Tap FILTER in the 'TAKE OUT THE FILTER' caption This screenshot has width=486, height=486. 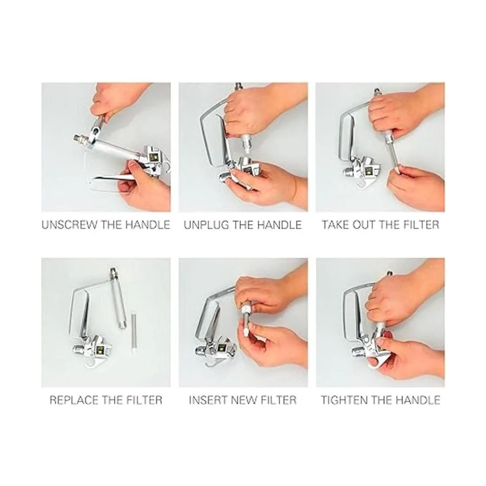[422, 224]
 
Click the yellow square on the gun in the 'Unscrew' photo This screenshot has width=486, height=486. [153, 158]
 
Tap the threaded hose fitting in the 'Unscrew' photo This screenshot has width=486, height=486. [81, 139]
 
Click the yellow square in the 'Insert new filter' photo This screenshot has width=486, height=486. [222, 347]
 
